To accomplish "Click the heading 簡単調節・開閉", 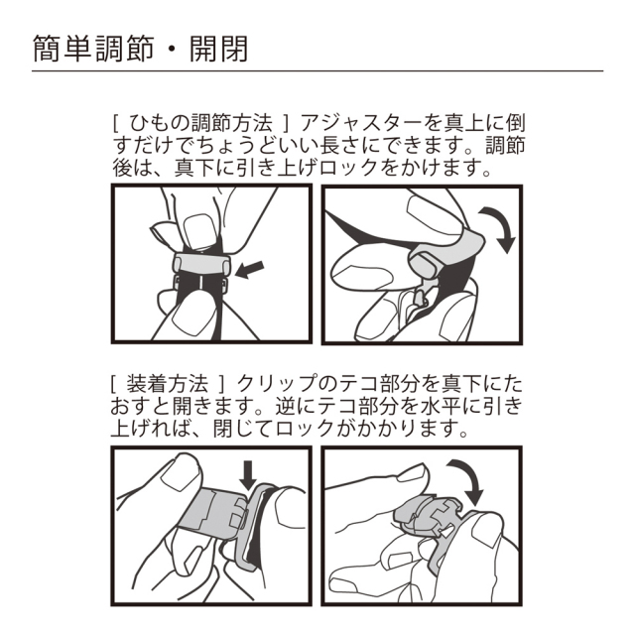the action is click(140, 50).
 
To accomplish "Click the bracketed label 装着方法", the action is click(168, 384).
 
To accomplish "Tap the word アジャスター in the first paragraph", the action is click(360, 123).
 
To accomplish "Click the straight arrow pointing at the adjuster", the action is click(249, 270).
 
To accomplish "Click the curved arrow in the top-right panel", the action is click(499, 228).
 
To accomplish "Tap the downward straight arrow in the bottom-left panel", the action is click(248, 475).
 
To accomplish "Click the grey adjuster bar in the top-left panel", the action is click(201, 263).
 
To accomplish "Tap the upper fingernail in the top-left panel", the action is click(199, 231).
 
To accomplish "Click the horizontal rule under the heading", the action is click(317, 71).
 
